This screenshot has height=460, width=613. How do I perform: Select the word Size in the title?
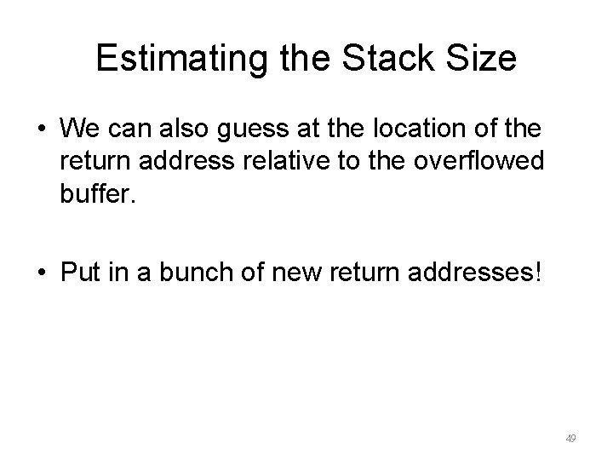click(x=484, y=58)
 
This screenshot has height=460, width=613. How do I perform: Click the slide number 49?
click(x=570, y=438)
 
